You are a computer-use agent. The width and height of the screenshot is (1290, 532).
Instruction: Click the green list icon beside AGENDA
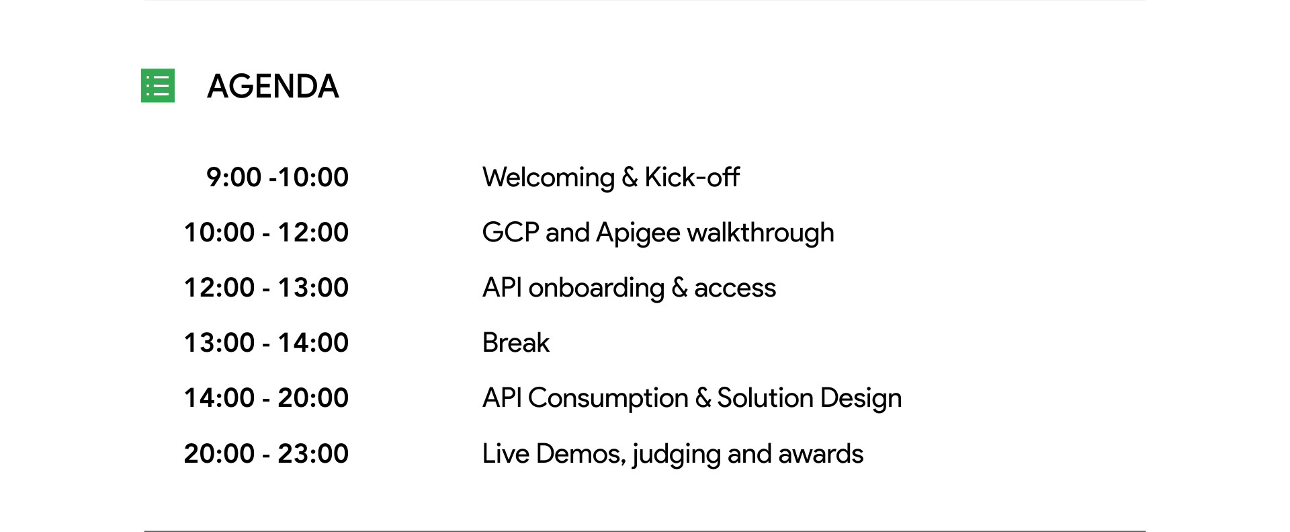(158, 85)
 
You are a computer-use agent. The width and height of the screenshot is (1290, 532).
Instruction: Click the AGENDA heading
(273, 86)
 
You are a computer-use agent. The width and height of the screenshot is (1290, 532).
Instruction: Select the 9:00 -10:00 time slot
(277, 177)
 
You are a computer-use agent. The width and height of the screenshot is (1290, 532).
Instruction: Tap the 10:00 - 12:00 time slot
(266, 232)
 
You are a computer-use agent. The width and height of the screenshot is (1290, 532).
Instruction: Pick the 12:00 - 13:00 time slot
(266, 287)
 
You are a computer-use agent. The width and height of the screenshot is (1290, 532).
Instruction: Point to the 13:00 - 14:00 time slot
(266, 342)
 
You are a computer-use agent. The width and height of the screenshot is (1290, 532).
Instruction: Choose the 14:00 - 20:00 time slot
(266, 397)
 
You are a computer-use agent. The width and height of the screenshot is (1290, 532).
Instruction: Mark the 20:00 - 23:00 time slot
(266, 453)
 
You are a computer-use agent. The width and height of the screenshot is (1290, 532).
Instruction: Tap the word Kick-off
(692, 177)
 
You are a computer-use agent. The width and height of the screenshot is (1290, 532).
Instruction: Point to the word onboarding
(597, 289)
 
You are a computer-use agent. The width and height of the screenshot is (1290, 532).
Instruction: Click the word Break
(516, 342)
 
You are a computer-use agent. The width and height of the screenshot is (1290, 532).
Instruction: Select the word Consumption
(608, 399)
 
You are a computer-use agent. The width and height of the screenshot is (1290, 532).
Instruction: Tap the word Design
(861, 399)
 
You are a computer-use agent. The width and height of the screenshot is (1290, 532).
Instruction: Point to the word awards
(820, 454)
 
